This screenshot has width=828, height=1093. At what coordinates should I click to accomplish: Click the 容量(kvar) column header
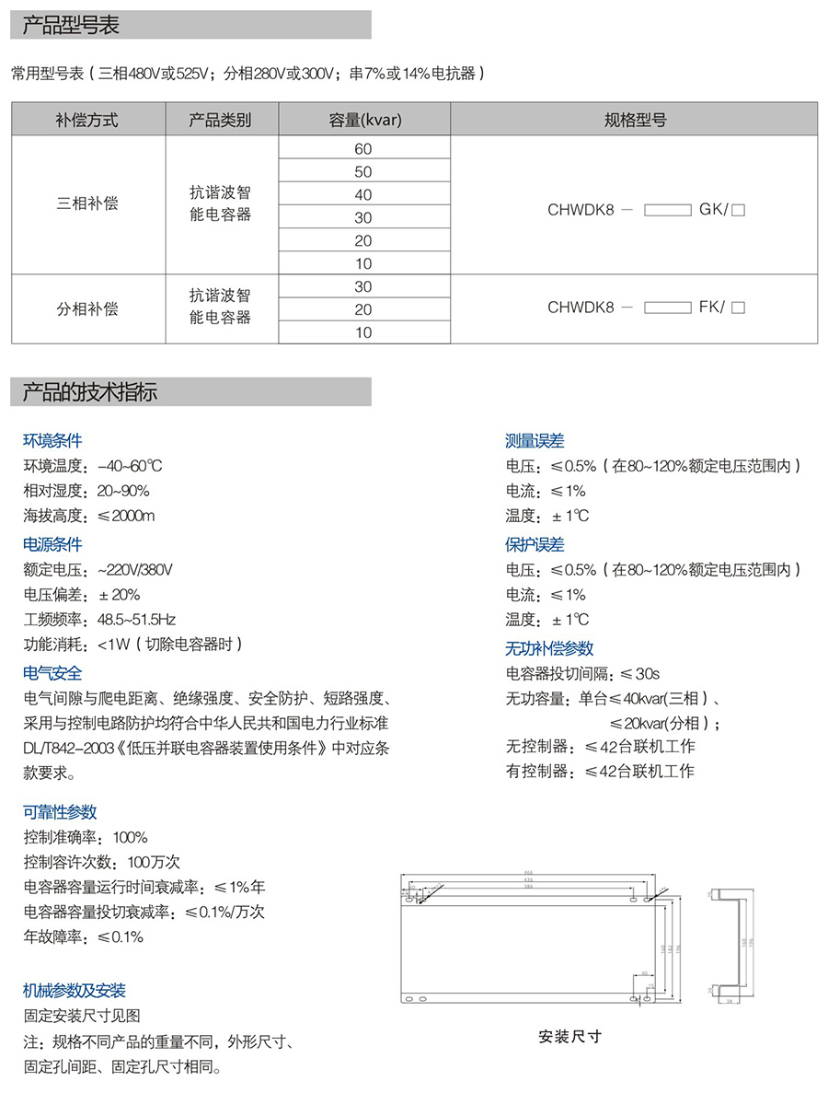click(364, 120)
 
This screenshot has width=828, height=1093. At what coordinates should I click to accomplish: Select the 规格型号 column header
click(635, 120)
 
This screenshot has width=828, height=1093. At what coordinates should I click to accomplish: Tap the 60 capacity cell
click(363, 148)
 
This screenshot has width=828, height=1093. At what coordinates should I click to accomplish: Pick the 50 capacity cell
click(363, 171)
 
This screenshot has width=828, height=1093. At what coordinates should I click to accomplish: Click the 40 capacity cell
click(363, 194)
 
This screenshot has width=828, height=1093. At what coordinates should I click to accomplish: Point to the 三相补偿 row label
click(87, 203)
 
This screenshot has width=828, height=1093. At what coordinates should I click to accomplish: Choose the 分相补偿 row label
click(87, 308)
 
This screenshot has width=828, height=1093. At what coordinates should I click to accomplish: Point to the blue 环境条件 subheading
click(52, 441)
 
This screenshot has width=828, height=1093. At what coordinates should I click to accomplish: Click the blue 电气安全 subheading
click(52, 673)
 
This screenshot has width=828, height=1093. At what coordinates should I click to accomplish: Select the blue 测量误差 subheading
click(535, 441)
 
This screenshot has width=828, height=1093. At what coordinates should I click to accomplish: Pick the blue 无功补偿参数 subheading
click(549, 648)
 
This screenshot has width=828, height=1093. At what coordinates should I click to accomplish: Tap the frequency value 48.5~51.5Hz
click(136, 619)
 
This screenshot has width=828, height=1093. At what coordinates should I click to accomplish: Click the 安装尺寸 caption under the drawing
click(569, 1036)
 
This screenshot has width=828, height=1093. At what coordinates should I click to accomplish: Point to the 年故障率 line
click(83, 937)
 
